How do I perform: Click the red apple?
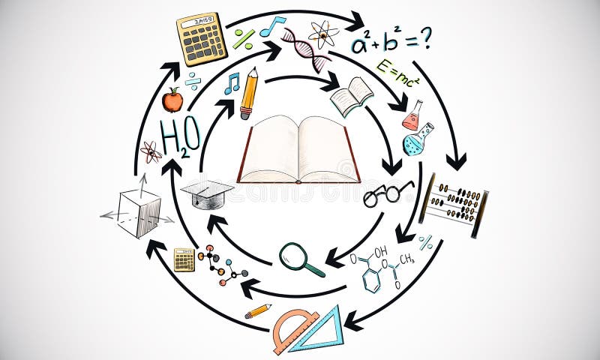coord(172,100)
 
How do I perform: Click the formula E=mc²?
coord(397,73)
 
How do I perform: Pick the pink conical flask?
coord(412,116)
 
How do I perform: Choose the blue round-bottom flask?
coord(417,140)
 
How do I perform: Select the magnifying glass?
coord(300,258)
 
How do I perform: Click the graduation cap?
coord(207,193)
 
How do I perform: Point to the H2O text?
coord(181,137)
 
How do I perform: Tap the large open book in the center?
coord(298,150)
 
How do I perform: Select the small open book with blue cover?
coord(351,96)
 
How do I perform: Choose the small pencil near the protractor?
coord(257,310)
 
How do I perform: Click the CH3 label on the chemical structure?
coord(406,259)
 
